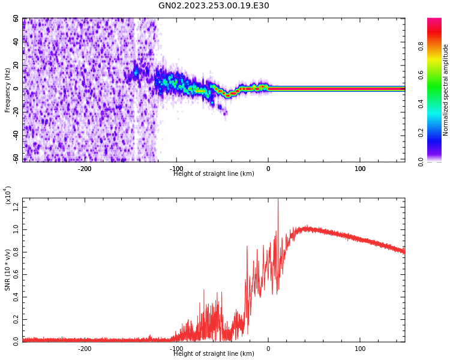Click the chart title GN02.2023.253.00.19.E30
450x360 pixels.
214,6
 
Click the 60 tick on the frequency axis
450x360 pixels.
16,19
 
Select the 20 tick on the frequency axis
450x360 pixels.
16,65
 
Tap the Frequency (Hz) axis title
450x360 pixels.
8,90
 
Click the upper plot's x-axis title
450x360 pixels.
214,174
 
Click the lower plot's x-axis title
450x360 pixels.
214,354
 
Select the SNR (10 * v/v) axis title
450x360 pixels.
8,270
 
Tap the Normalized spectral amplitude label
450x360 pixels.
446,90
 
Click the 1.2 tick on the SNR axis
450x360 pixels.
16,207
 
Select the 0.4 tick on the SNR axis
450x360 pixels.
16,296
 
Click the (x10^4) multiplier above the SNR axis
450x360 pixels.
8,195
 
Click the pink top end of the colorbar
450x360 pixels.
434,21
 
